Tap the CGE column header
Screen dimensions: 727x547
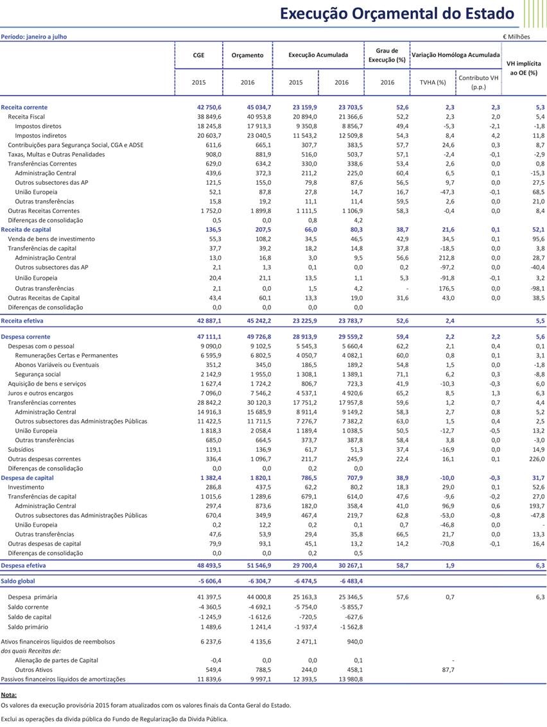click(198, 55)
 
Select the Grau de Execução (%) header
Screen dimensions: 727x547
click(386, 55)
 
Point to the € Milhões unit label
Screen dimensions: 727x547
click(516, 37)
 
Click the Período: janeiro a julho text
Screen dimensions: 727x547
click(33, 37)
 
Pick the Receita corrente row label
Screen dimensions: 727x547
click(24, 107)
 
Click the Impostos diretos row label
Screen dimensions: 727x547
click(38, 126)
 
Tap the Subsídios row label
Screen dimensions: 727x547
click(21, 450)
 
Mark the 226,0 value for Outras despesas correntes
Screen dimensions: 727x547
click(536, 459)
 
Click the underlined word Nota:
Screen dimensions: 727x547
click(8, 695)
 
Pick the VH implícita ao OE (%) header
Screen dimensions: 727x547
click(523, 69)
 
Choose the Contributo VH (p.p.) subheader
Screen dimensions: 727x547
click(478, 82)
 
